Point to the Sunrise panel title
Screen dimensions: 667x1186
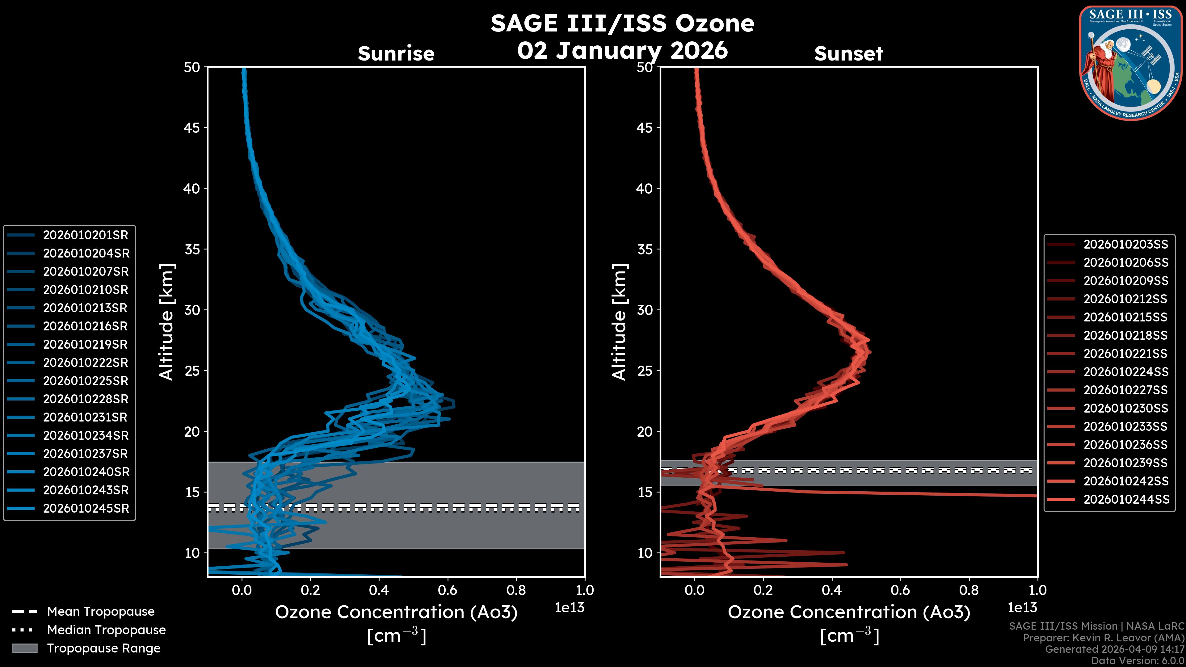(x=396, y=54)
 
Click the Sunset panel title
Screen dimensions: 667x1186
(x=848, y=54)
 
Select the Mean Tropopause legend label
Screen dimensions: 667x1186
(x=101, y=612)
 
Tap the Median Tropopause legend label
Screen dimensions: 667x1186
(x=106, y=630)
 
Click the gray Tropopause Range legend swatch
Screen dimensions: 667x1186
(x=25, y=648)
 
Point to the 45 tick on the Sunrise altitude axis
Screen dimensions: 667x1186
(x=192, y=128)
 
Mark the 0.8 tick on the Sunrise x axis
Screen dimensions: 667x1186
(x=516, y=590)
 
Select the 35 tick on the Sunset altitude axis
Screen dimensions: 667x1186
(x=645, y=250)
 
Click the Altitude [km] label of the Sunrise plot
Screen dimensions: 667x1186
(x=167, y=322)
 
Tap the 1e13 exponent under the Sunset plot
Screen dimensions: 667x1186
(x=1022, y=608)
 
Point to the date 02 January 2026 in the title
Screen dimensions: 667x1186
(x=622, y=51)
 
